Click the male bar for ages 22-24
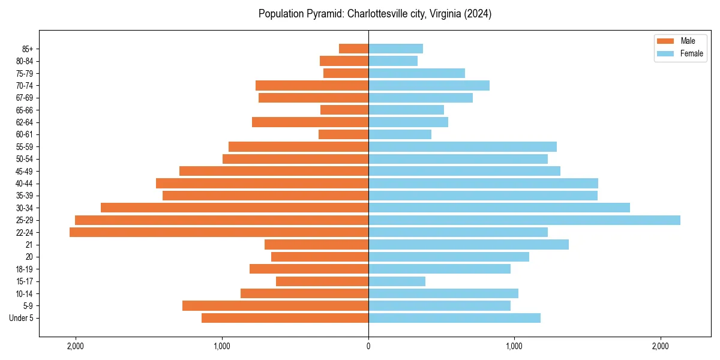[219, 232]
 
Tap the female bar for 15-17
[397, 281]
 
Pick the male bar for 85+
[353, 49]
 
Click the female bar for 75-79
[416, 73]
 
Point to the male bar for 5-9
[275, 306]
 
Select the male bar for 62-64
[310, 122]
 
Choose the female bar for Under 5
[454, 318]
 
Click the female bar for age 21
[468, 245]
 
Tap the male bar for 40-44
[262, 184]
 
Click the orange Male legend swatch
[665, 41]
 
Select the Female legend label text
[691, 53]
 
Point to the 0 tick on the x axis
[368, 346]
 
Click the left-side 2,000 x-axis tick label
[76, 346]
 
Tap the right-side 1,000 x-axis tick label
[514, 346]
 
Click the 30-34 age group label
[25, 208]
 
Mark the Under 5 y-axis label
[22, 318]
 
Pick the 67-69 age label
[25, 98]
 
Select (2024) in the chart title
[478, 14]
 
